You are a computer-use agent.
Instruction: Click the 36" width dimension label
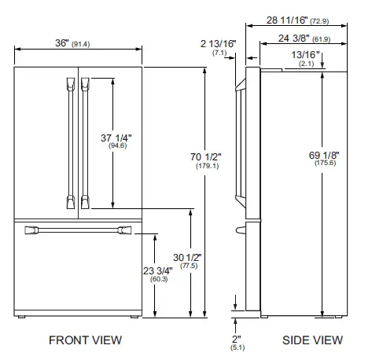[62, 43]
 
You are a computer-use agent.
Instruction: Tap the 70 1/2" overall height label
[206, 157]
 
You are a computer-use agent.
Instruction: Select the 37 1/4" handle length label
[116, 138]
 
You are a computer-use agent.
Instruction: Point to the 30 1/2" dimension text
[187, 258]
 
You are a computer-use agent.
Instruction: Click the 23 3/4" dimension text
[158, 271]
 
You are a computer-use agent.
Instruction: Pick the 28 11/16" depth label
[287, 20]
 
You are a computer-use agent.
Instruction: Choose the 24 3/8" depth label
[294, 39]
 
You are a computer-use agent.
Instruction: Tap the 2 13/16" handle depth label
[219, 44]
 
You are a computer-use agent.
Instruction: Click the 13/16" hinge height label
[306, 55]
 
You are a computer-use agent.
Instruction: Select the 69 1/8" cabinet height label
[324, 155]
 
